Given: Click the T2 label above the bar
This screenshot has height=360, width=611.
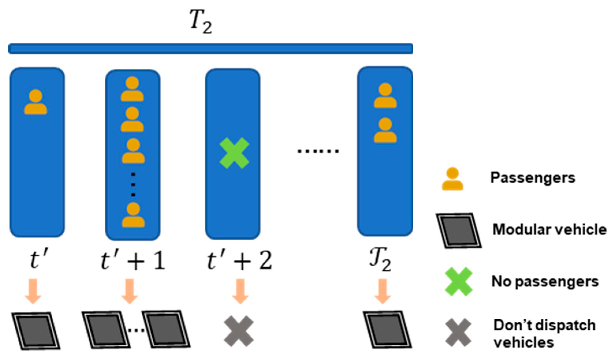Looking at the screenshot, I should click(x=201, y=22).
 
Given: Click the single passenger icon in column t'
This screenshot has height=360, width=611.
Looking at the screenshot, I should click(x=35, y=102).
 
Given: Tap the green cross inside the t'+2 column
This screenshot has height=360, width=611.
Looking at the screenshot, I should click(x=234, y=153).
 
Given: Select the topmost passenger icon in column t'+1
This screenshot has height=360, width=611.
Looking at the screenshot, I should click(x=132, y=89).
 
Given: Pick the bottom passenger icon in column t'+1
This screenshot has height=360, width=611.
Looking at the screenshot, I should click(x=133, y=215).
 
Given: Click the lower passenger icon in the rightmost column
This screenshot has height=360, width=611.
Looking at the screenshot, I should click(x=385, y=130).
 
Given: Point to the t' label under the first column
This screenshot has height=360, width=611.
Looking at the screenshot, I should click(x=39, y=260).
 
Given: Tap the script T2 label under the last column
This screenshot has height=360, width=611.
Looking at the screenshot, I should click(x=380, y=260).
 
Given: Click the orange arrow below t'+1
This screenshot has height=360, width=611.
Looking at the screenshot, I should click(x=130, y=291).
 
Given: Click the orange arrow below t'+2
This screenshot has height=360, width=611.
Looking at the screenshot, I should click(x=240, y=291).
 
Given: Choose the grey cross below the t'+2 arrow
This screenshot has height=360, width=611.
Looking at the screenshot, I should click(x=239, y=331).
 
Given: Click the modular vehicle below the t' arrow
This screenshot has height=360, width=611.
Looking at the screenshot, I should click(x=36, y=331).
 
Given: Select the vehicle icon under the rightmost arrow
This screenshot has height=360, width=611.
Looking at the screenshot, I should click(x=387, y=330).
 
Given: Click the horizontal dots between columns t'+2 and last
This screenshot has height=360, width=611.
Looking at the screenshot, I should click(x=318, y=151).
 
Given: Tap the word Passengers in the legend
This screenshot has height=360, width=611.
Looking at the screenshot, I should click(x=533, y=178).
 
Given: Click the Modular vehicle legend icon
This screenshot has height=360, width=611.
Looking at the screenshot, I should click(x=458, y=230).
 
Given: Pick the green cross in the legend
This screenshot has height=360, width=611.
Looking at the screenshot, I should click(x=458, y=282).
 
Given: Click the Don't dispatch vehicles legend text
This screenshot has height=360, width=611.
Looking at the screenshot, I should click(x=544, y=333).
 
